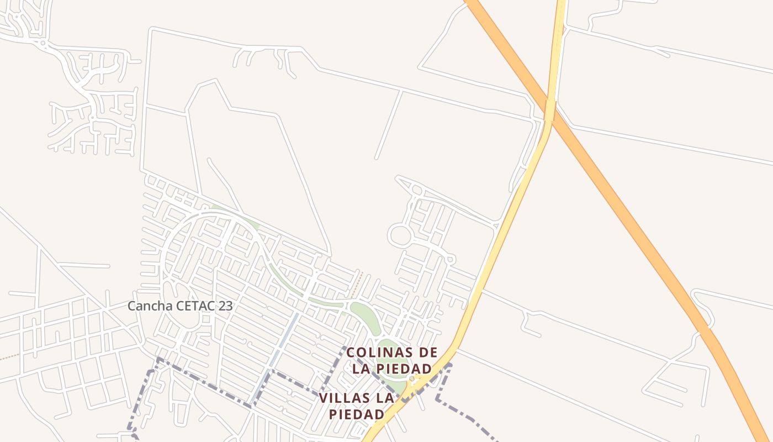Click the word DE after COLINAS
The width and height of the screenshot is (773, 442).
pos(428,352)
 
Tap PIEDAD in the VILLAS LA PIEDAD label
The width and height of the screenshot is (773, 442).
pos(356,414)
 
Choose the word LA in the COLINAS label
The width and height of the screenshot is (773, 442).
pos(362,368)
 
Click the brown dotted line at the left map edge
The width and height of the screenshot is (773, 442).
pos(8,357)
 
